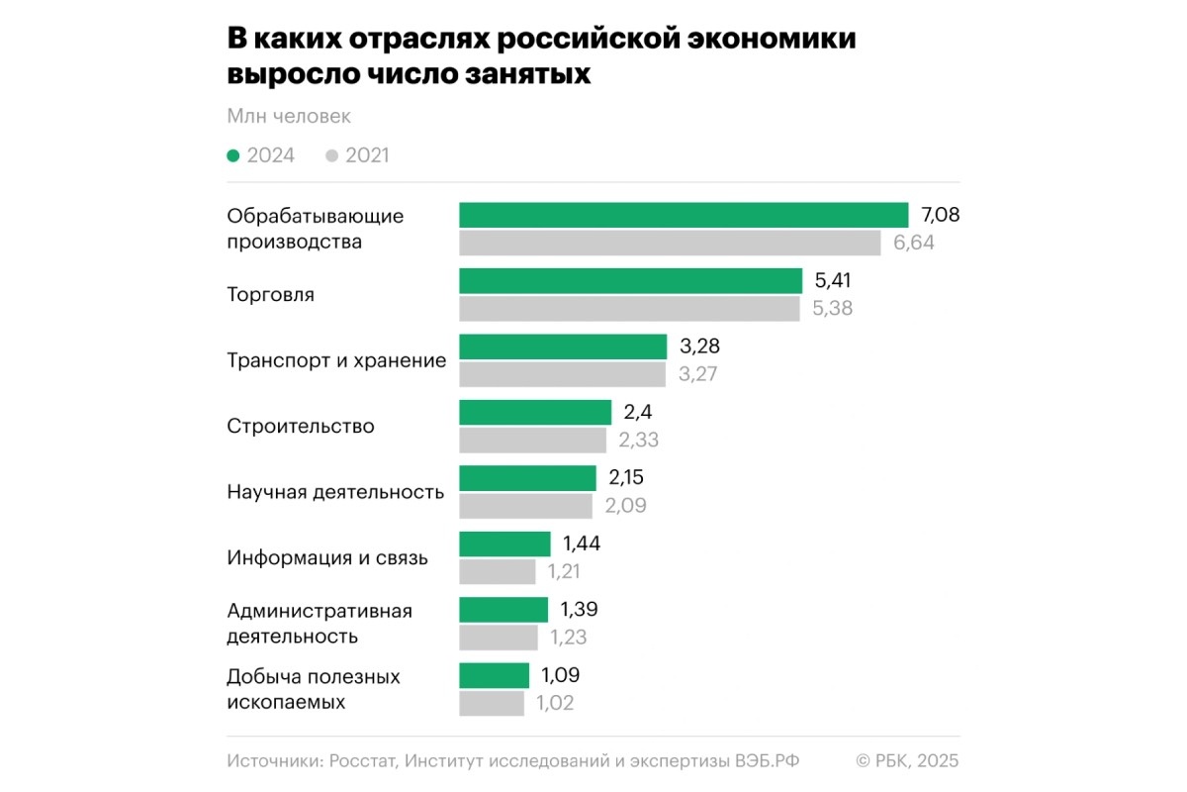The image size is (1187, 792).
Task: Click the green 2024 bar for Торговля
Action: [630, 281]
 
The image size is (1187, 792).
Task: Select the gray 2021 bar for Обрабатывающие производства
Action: [670, 243]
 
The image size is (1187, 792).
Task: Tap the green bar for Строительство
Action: [535, 413]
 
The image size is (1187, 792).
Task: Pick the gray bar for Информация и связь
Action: [498, 571]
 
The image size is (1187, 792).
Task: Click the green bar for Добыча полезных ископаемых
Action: [495, 675]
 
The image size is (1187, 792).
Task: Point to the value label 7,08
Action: [941, 215]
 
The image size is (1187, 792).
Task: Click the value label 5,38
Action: [832, 309]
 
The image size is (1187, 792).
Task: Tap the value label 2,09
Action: [626, 506]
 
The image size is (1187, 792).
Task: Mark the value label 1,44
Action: [582, 544]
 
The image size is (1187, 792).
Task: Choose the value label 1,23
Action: [568, 638]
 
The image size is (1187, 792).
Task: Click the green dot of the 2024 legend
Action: [233, 155]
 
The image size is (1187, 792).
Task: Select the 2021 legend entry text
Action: [367, 155]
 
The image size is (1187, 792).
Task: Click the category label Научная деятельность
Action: [335, 492]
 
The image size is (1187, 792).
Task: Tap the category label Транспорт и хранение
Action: [336, 360]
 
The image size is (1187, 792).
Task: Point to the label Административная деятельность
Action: [320, 624]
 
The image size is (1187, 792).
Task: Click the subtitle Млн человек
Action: [289, 117]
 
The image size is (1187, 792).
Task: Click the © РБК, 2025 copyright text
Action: [907, 760]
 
